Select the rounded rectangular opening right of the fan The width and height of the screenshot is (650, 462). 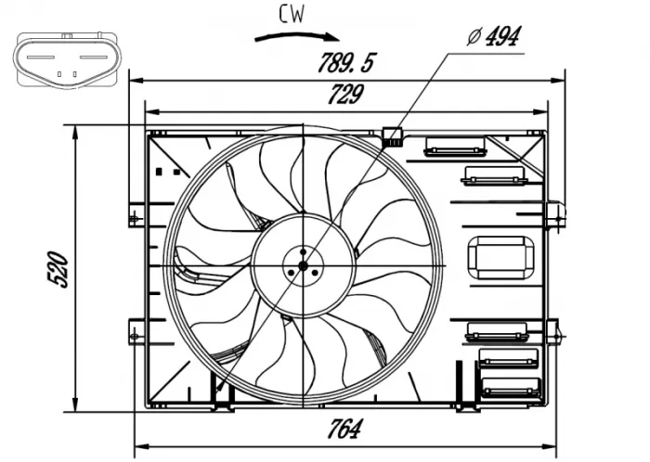(500, 256)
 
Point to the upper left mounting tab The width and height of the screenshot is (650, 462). (136, 216)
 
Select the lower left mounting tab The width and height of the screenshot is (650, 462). (135, 331)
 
